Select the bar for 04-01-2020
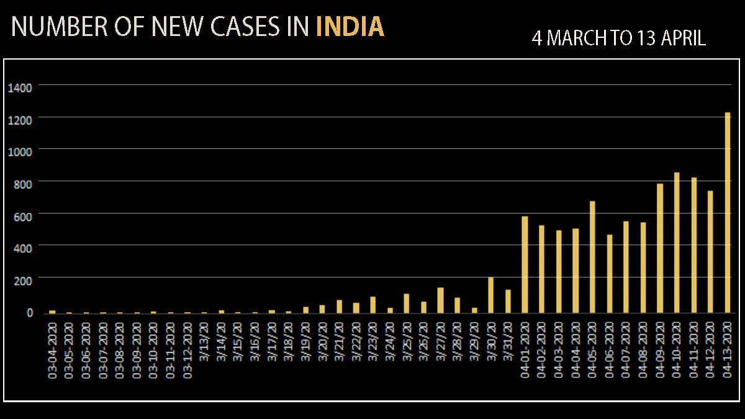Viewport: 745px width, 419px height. (525, 264)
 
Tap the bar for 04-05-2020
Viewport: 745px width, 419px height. (592, 257)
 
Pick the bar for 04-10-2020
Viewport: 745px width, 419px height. (677, 243)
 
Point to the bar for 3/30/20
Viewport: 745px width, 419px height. (491, 295)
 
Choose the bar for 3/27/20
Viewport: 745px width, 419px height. (440, 300)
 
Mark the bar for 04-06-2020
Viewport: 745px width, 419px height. (609, 274)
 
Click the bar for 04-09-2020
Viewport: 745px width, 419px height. (660, 248)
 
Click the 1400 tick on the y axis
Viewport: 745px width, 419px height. (20, 86)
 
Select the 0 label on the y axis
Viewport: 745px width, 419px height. (29, 312)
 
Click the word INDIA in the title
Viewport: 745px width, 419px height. (350, 27)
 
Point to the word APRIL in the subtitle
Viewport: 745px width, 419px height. (683, 38)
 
